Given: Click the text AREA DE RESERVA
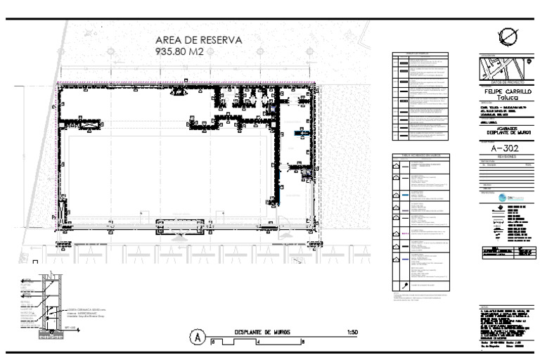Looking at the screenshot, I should point(198,41).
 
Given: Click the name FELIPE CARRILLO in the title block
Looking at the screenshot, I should point(503,91).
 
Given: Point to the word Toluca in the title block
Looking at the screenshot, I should point(503,99).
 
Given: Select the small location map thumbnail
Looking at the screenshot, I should point(503,69).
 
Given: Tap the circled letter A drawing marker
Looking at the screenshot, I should point(200,336).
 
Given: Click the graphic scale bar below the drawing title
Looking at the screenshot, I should point(257,342).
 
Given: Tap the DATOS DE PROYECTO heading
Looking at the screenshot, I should point(503,83).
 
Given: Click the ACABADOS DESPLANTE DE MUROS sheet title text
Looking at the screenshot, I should point(503,131).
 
